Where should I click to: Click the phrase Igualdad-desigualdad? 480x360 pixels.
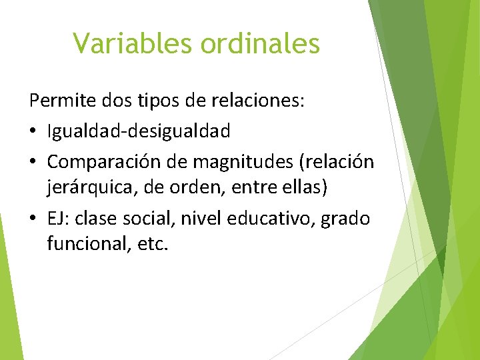tap(139, 131)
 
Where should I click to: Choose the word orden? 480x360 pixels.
tap(189, 188)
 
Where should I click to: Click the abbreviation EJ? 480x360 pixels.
tap(59, 218)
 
